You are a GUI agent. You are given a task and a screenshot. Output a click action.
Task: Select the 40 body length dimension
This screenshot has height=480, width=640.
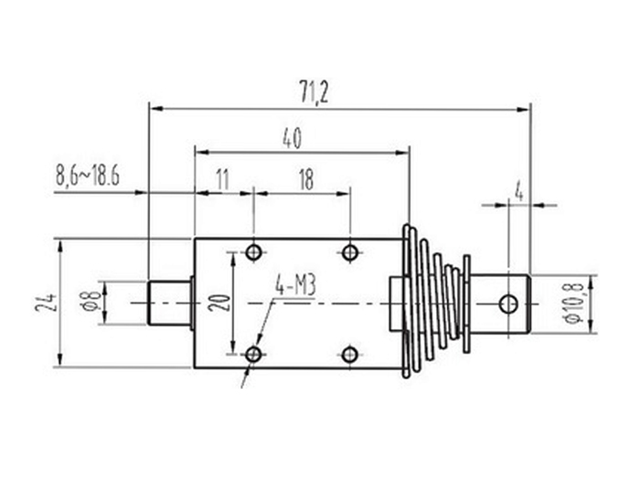tap(293, 138)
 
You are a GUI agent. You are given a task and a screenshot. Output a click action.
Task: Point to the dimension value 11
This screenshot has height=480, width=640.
tap(221, 179)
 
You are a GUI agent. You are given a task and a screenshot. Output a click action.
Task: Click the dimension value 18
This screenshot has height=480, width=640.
tap(304, 179)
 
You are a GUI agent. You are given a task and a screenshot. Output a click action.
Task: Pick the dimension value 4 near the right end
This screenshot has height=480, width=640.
tap(518, 192)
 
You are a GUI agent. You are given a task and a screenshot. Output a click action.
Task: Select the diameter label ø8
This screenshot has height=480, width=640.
tap(90, 303)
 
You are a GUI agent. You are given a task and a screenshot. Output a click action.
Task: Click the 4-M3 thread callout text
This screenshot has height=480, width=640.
tap(294, 287)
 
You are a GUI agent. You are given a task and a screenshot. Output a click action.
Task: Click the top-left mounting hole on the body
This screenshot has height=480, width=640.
tap(254, 251)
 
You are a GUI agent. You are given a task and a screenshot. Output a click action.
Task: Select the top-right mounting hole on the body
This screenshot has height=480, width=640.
tap(350, 251)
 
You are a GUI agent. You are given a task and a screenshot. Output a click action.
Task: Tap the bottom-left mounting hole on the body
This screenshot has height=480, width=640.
tap(254, 354)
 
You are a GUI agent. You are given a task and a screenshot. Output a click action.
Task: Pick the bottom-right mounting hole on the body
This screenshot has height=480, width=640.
tap(350, 354)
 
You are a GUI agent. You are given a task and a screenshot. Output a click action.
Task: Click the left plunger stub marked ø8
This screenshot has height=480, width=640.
tap(169, 303)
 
